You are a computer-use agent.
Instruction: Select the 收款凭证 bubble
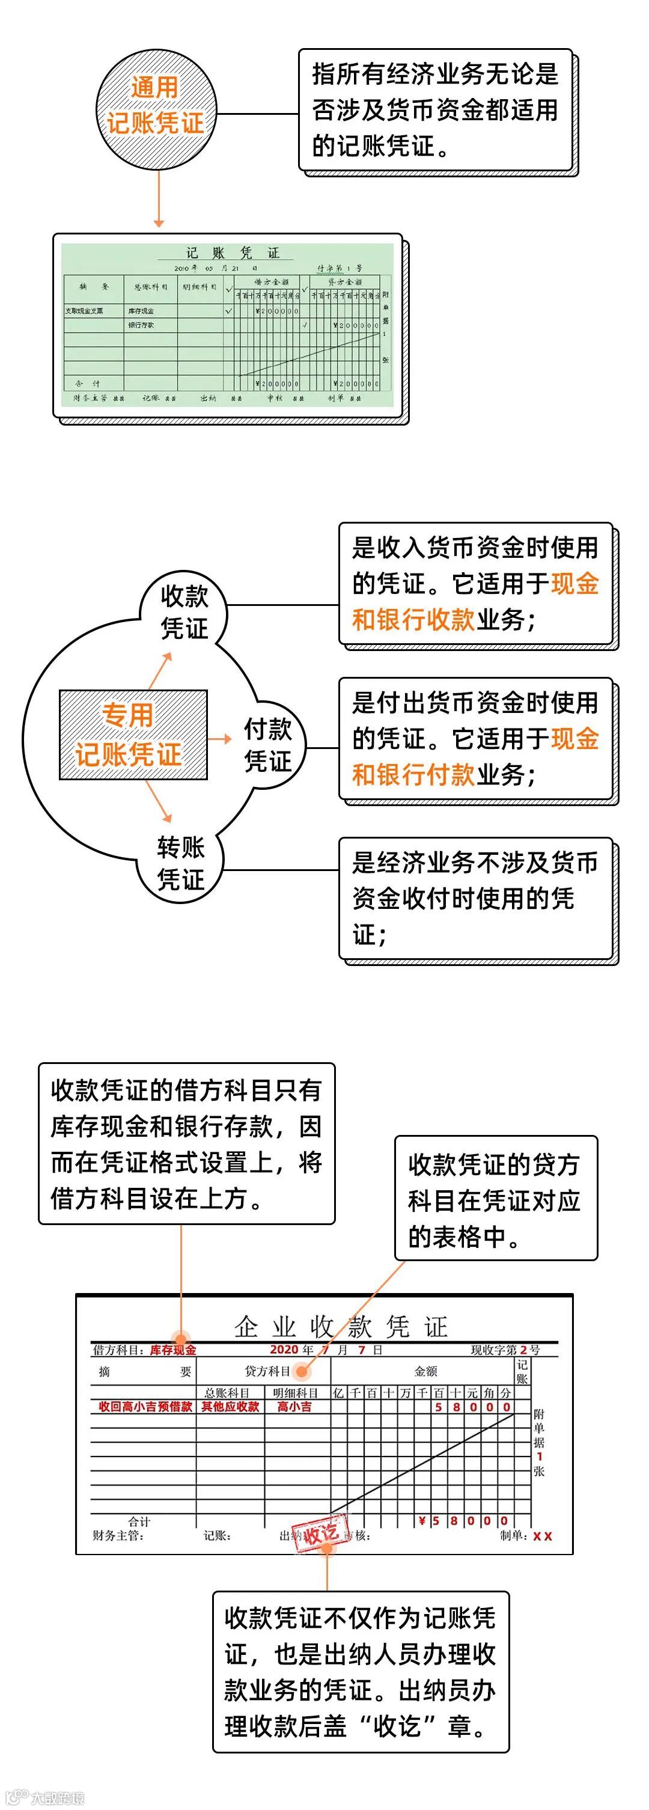click(184, 612)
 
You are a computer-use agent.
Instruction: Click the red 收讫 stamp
click(321, 1532)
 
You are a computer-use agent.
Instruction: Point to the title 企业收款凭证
click(341, 1327)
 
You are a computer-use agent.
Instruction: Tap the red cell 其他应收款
click(230, 1406)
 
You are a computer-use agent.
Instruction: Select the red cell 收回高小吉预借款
click(145, 1406)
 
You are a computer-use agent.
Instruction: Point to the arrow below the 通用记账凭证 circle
click(159, 200)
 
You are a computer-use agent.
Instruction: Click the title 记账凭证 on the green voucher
click(233, 253)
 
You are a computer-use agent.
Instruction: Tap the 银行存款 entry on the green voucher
click(141, 325)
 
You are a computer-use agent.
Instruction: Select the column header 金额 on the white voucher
click(425, 1371)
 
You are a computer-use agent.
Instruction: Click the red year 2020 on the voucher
click(284, 1349)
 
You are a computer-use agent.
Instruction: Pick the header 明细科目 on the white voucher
click(296, 1392)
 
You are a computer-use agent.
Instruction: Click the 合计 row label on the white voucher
click(139, 1521)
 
